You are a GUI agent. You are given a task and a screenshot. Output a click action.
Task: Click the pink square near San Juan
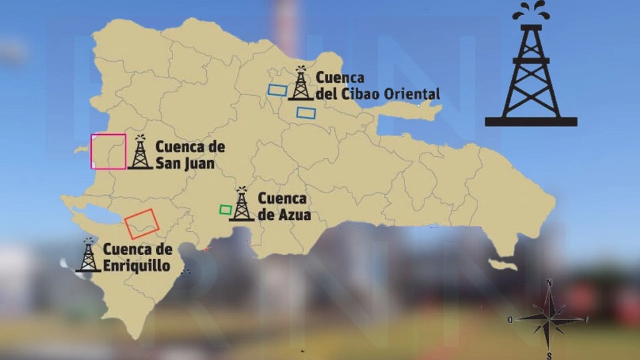tap(108, 151)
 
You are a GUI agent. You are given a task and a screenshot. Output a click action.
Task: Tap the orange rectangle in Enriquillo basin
tap(141, 223)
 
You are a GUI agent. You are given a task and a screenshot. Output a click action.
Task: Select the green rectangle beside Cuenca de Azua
tap(226, 209)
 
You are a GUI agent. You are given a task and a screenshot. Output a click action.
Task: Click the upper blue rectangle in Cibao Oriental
tap(277, 90)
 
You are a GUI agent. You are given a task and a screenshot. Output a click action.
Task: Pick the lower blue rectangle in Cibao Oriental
tap(306, 112)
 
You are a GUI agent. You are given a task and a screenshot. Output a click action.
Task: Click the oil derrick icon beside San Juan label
tap(140, 153)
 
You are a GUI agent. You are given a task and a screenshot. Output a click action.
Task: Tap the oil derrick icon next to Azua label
tap(241, 204)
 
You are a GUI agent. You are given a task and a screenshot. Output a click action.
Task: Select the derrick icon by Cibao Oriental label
tap(301, 84)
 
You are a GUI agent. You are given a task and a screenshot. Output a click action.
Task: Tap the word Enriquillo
tap(136, 266)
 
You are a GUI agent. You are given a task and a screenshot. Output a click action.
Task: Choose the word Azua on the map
tap(293, 216)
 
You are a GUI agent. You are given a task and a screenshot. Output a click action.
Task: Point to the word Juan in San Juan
tap(200, 164)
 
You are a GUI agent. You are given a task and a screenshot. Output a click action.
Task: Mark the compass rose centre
tap(549, 318)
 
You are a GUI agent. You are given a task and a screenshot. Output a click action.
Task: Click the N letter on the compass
tap(549, 283)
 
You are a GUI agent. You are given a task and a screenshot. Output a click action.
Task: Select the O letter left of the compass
tap(511, 320)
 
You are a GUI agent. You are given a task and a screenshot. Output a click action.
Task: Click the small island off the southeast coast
tap(503, 265)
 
